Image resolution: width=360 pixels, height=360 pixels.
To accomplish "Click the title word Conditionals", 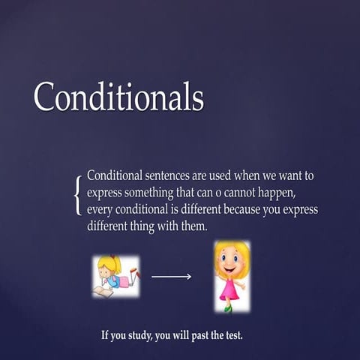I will pos(118,96).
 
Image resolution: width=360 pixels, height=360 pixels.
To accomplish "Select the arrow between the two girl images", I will pos(171,277).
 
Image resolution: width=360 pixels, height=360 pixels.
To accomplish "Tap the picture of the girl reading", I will pos(115,276).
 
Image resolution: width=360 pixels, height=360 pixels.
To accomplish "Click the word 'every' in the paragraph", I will pos(101,209).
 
